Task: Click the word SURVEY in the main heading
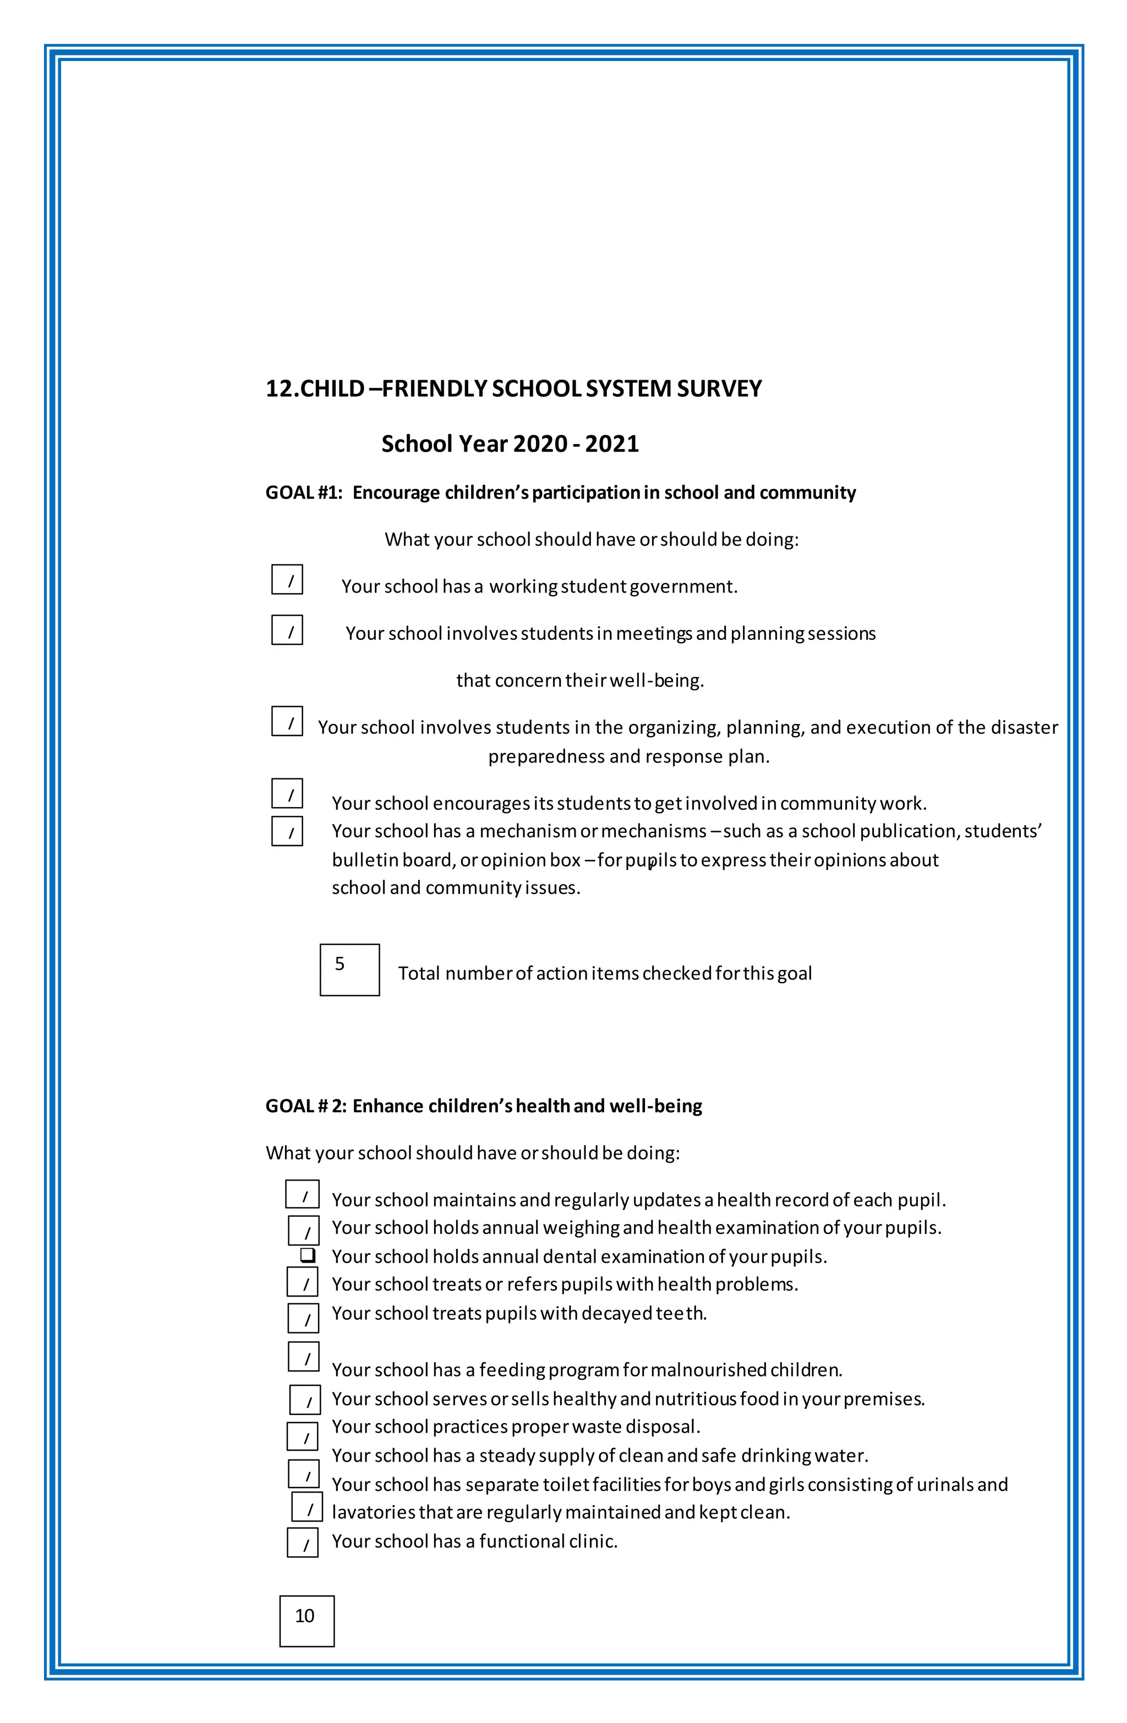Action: click(719, 389)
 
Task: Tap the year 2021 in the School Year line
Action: click(611, 444)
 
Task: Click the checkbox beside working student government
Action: click(287, 580)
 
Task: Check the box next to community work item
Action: click(287, 793)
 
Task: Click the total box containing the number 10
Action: click(307, 1621)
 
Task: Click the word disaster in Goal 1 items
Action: click(1024, 728)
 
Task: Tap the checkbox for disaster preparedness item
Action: click(287, 722)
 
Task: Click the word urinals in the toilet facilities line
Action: click(944, 1485)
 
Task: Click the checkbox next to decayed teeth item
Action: click(303, 1318)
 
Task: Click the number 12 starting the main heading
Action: click(279, 389)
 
